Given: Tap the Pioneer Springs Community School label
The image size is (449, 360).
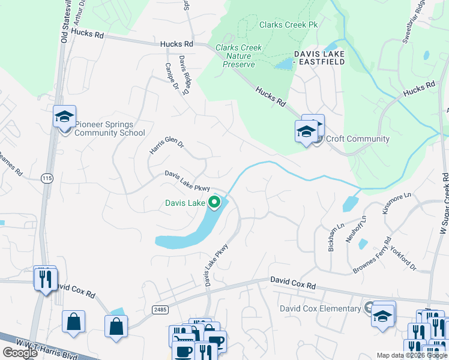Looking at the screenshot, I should [110, 129].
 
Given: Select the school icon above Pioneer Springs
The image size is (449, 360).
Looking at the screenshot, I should [64, 116].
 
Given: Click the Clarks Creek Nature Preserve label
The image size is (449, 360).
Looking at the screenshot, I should [235, 56].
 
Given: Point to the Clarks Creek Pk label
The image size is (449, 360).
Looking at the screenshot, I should [288, 25].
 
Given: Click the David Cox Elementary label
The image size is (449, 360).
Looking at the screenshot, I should [321, 308].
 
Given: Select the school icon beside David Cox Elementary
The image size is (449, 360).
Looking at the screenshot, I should [382, 315].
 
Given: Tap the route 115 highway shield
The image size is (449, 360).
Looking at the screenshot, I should [46, 178].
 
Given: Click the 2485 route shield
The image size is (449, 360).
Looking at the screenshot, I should [160, 310].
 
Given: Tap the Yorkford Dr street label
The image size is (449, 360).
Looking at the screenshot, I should [403, 257].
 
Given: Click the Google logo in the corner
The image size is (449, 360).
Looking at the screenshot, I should [20, 353].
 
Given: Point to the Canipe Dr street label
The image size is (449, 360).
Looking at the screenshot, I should [171, 77].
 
